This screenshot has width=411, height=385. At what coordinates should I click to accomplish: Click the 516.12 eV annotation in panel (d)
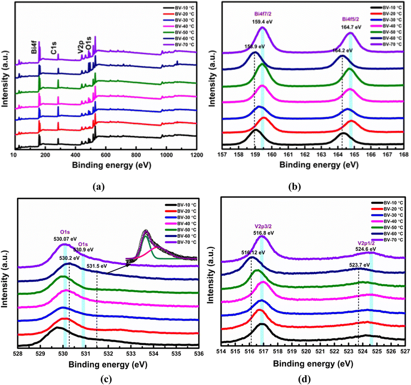[x=252, y=252]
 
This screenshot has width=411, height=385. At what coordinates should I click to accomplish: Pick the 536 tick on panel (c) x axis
[x=199, y=353]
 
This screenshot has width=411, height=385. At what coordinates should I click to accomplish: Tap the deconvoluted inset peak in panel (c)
[x=146, y=240]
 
